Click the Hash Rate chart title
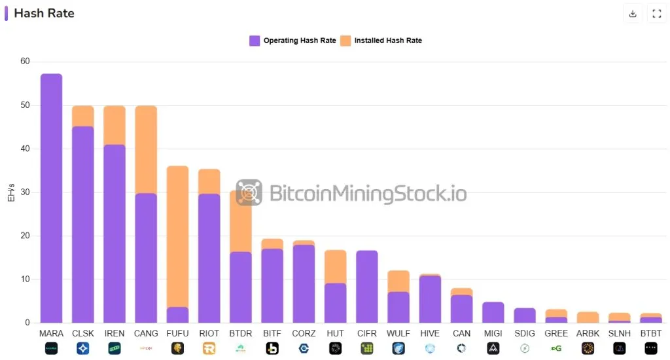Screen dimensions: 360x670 coord(44,13)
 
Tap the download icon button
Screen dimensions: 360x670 coord(633,14)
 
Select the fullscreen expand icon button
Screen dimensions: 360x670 coord(657,14)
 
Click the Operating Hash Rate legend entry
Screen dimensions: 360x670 coord(292,41)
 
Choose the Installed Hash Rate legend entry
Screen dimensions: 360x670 coord(381,41)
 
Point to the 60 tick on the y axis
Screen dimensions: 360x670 coord(25,62)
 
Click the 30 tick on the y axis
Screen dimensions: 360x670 coord(25,192)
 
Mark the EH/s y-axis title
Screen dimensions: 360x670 coord(11,192)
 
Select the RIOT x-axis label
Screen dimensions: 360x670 coord(209,334)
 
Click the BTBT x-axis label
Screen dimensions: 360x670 coord(651,334)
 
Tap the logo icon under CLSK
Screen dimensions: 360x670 coord(82,349)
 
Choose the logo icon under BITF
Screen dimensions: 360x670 coord(272,349)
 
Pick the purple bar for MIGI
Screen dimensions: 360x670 coord(493,312)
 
